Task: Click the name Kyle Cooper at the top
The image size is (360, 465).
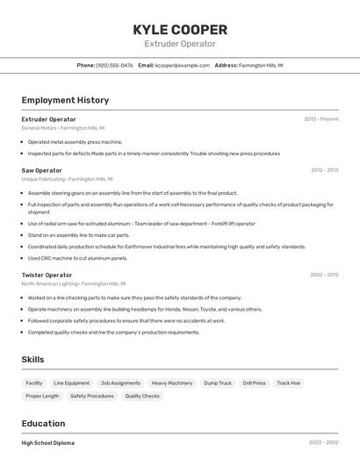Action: (180, 29)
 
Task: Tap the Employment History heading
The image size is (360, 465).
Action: (65, 100)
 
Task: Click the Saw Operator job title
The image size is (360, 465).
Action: (41, 170)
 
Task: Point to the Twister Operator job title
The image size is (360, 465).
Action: (47, 275)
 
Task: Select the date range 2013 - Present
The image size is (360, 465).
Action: (320, 118)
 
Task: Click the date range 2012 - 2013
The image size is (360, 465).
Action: (324, 170)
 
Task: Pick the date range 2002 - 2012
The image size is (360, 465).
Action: (324, 275)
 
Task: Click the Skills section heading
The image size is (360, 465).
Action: (32, 360)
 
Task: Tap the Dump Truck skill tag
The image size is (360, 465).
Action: (218, 383)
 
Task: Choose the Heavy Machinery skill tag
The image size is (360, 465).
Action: (172, 383)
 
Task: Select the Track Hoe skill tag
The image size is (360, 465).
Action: (288, 383)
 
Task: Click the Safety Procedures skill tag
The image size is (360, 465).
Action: (92, 396)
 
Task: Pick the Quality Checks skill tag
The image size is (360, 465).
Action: (142, 396)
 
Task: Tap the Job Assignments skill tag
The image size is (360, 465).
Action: (120, 383)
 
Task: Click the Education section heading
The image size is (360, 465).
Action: (43, 423)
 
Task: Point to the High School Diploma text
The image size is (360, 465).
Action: (48, 443)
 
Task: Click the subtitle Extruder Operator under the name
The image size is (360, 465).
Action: (180, 44)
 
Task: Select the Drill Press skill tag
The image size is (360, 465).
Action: (254, 383)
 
